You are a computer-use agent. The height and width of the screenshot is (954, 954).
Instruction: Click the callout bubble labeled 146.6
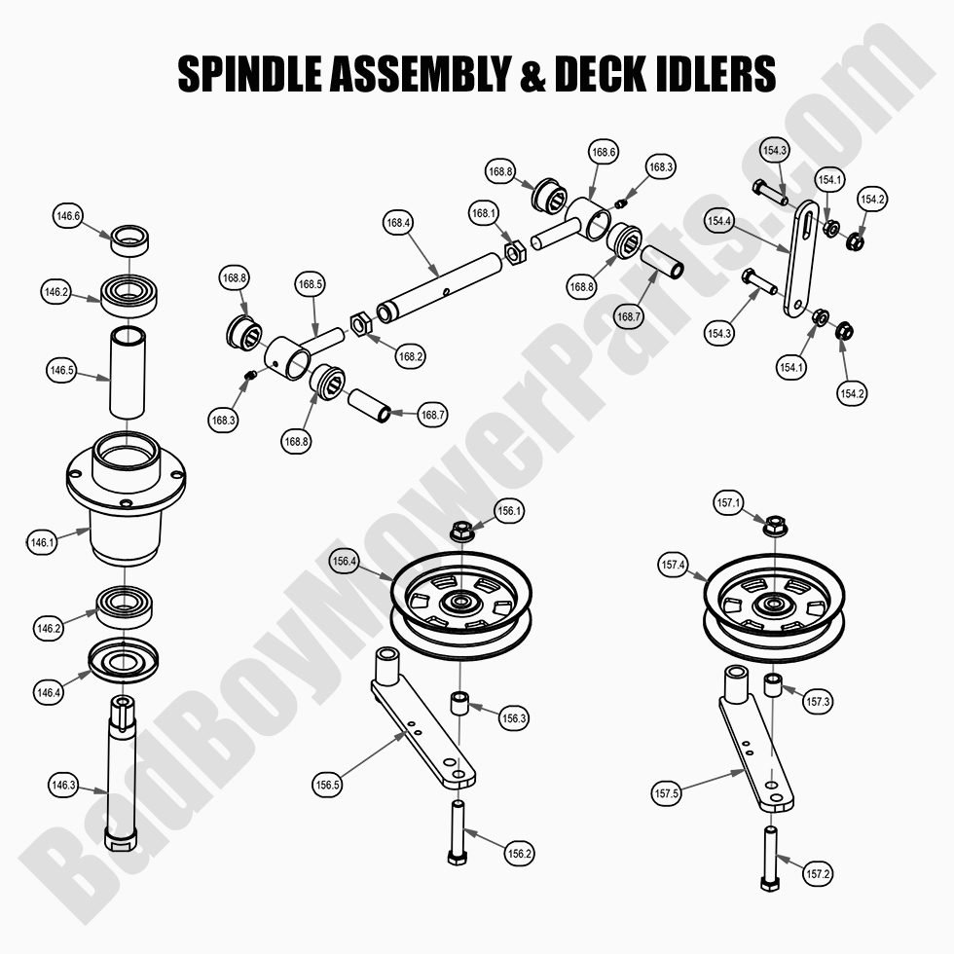[69, 216]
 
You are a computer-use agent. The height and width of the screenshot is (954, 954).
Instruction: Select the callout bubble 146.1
[42, 543]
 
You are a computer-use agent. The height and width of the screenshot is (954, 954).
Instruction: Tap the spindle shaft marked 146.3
[122, 769]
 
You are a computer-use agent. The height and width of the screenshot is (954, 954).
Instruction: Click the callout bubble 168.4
[399, 223]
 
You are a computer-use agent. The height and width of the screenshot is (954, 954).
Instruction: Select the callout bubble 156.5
[328, 782]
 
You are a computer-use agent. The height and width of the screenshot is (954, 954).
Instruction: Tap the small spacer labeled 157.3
[773, 684]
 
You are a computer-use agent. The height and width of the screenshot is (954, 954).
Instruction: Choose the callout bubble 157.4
[674, 565]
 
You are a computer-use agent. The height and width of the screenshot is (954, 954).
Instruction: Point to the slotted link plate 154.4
[800, 258]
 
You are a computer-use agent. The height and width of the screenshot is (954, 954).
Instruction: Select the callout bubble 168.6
[604, 152]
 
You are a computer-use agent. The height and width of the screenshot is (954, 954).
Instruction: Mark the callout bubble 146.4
[48, 693]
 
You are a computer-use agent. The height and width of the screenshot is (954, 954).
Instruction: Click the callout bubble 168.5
[311, 285]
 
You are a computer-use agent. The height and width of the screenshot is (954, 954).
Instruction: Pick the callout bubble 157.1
[729, 503]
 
